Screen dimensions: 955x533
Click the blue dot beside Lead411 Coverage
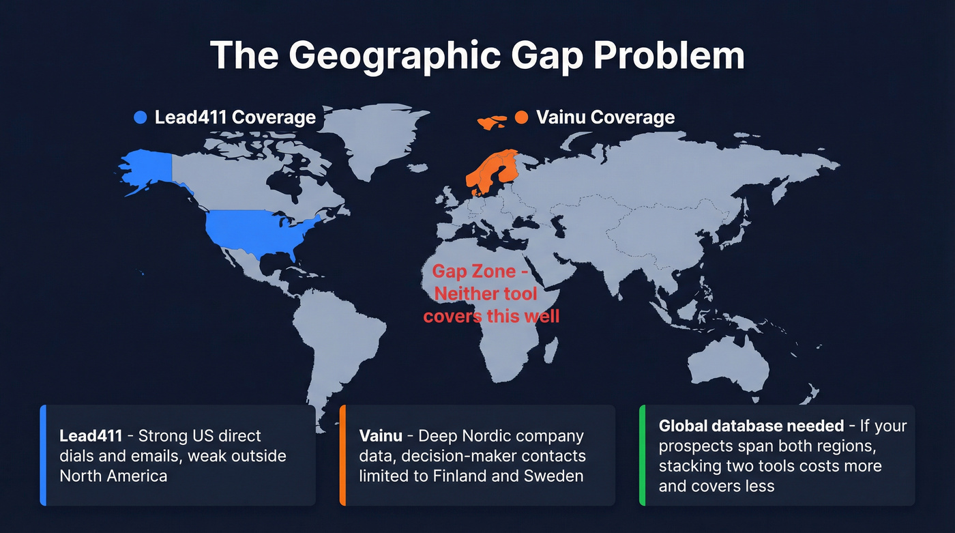pos(141,117)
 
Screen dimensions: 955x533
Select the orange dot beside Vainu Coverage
pos(522,117)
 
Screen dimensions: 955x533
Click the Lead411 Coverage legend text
pos(235,117)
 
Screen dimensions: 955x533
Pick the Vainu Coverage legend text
pos(605,117)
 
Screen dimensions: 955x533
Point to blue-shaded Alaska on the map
pos(147,167)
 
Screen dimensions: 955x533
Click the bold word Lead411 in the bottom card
pos(91,436)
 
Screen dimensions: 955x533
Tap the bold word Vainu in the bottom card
pos(381,436)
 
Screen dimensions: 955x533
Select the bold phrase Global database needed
pos(751,426)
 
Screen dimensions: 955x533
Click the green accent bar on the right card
pos(642,455)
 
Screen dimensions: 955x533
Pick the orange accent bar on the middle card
pos(342,455)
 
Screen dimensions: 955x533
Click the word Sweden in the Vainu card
pos(555,476)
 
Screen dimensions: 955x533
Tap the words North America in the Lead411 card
pos(113,476)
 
